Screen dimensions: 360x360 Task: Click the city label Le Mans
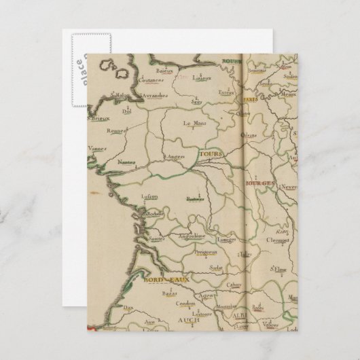194,124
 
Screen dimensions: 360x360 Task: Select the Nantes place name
126,162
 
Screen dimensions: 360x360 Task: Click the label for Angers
175,158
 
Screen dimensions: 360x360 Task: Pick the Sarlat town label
218,268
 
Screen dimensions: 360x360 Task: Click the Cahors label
234,285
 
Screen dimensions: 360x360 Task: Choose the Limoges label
227,240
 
